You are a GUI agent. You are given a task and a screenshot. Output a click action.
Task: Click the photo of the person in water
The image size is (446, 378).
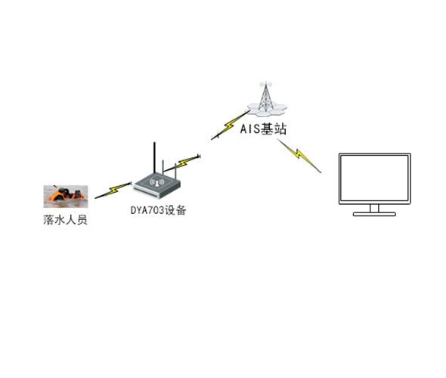pyautogui.click(x=66, y=197)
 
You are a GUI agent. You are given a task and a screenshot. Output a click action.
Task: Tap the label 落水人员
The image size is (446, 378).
pyautogui.click(x=66, y=220)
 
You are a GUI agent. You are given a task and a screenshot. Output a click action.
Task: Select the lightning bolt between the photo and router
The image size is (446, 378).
pyautogui.click(x=113, y=190)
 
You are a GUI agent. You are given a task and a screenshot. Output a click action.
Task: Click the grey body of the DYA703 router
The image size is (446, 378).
pyautogui.click(x=156, y=186)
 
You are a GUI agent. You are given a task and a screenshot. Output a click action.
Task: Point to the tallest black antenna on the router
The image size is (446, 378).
pyautogui.click(x=154, y=157)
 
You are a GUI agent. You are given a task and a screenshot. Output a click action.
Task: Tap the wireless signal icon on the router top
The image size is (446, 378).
pyautogui.click(x=156, y=183)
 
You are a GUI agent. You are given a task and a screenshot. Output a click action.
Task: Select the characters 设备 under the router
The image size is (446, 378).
pyautogui.click(x=175, y=210)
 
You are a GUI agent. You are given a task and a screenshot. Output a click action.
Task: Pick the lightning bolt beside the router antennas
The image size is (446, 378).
pyautogui.click(x=183, y=163)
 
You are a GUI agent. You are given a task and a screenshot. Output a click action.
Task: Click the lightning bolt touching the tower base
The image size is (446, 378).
pyautogui.click(x=230, y=125)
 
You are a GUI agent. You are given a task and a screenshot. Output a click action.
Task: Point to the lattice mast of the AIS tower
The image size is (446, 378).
pyautogui.click(x=265, y=97)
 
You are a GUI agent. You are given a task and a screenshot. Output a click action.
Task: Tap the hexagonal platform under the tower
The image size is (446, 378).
pyautogui.click(x=267, y=110)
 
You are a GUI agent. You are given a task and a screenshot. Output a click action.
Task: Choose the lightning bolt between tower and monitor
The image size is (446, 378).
pyautogui.click(x=299, y=155)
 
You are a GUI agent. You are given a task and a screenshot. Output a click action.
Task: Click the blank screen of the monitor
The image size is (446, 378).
pyautogui.click(x=375, y=178)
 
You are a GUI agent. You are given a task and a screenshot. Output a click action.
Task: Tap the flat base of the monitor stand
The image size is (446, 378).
pyautogui.click(x=374, y=214)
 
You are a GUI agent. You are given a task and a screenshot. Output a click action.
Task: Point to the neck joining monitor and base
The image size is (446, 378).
pyautogui.click(x=374, y=208)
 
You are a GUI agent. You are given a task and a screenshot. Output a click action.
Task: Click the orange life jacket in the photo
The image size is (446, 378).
pyautogui.click(x=58, y=196)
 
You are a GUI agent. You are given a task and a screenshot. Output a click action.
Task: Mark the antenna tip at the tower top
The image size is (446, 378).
pyautogui.click(x=265, y=82)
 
